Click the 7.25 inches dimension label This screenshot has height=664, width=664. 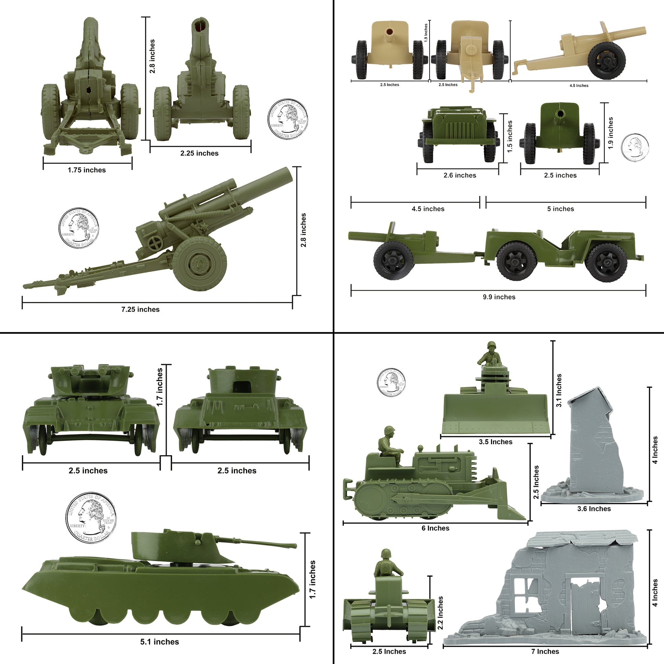tap(140, 309)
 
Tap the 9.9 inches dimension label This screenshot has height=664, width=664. tap(499, 297)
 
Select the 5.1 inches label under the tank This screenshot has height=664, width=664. tap(159, 642)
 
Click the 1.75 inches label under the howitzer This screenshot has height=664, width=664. tap(87, 170)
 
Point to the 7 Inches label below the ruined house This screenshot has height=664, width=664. tap(545, 651)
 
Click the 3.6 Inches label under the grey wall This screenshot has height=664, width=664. tap(594, 509)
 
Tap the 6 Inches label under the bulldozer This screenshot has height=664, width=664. tap(435, 528)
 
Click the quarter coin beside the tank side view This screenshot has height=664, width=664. tap(91, 518)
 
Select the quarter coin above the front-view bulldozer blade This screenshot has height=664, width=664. tap(391, 382)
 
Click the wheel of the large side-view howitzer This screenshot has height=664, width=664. tap(199, 264)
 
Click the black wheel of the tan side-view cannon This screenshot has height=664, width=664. tap(606, 60)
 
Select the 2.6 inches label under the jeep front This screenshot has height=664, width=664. tap(460, 175)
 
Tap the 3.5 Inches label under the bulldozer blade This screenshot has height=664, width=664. tap(495, 442)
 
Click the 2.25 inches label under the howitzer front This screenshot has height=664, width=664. tap(199, 153)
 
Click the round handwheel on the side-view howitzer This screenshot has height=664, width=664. tap(155, 243)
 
